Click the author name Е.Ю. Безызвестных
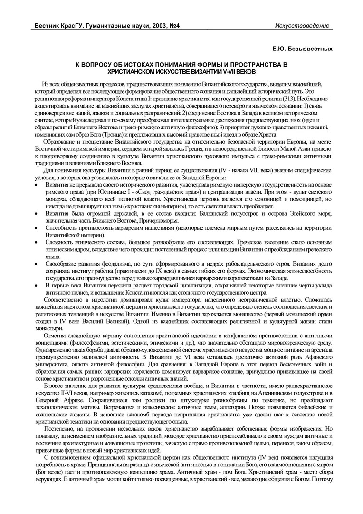click(x=302, y=49)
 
